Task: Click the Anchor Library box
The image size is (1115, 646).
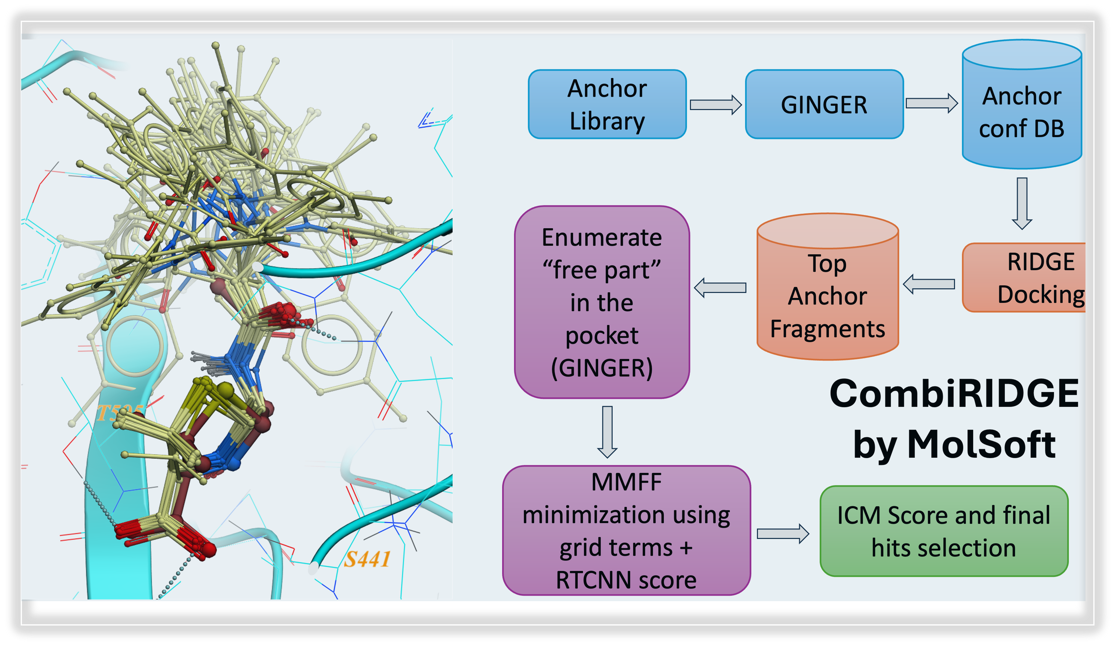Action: (607, 104)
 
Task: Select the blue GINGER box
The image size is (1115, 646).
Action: (824, 104)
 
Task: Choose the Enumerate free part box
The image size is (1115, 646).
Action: (602, 302)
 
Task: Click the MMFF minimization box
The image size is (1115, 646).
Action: (626, 530)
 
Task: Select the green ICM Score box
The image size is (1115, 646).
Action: (944, 531)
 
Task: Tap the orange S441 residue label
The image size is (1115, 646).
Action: (367, 559)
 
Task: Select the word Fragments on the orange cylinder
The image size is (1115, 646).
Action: (827, 329)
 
